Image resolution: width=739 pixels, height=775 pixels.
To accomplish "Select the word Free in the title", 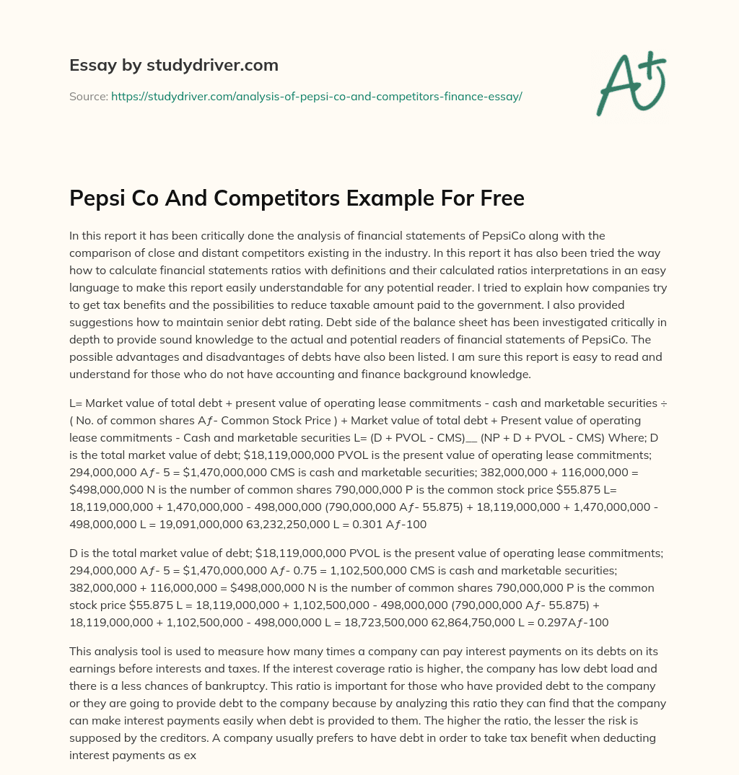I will coord(498,198).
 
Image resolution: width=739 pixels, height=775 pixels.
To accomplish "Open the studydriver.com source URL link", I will coord(316,96).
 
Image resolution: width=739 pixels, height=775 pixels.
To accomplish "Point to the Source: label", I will coord(89,96).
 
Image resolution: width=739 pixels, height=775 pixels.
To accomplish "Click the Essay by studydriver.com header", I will coord(173,65).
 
